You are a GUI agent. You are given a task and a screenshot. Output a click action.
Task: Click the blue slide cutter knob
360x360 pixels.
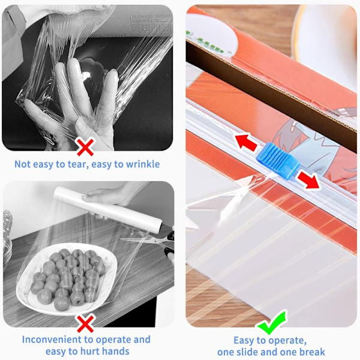coord(278,160)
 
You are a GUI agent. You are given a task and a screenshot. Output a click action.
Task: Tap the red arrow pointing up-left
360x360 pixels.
coord(246,143)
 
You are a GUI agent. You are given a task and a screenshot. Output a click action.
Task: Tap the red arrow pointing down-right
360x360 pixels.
coord(308,180)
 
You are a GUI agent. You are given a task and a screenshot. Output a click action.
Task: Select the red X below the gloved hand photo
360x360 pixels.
coord(85,147)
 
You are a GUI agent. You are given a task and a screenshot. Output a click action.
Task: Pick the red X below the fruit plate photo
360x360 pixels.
coord(85,323)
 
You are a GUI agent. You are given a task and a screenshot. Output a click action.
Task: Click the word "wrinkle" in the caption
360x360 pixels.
coord(143,164)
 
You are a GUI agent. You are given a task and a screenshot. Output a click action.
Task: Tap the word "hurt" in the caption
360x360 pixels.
coord(89,351)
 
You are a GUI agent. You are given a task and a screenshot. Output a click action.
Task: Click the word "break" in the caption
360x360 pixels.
coord(311,352)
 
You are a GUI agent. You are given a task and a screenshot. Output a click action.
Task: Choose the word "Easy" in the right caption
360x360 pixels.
coord(244,340)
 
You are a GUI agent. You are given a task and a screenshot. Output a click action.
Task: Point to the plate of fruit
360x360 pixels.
coord(67,278)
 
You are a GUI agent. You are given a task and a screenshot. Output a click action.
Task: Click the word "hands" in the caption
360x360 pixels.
coord(115,351)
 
